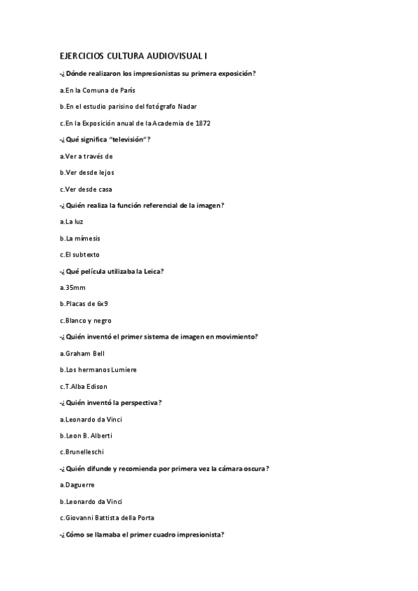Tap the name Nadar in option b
tap(188, 107)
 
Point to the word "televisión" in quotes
tap(127, 139)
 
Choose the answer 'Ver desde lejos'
tap(87, 172)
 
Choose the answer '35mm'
tap(73, 287)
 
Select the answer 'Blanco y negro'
tap(86, 321)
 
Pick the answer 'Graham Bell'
tap(82, 353)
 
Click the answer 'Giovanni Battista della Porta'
tap(107, 517)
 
